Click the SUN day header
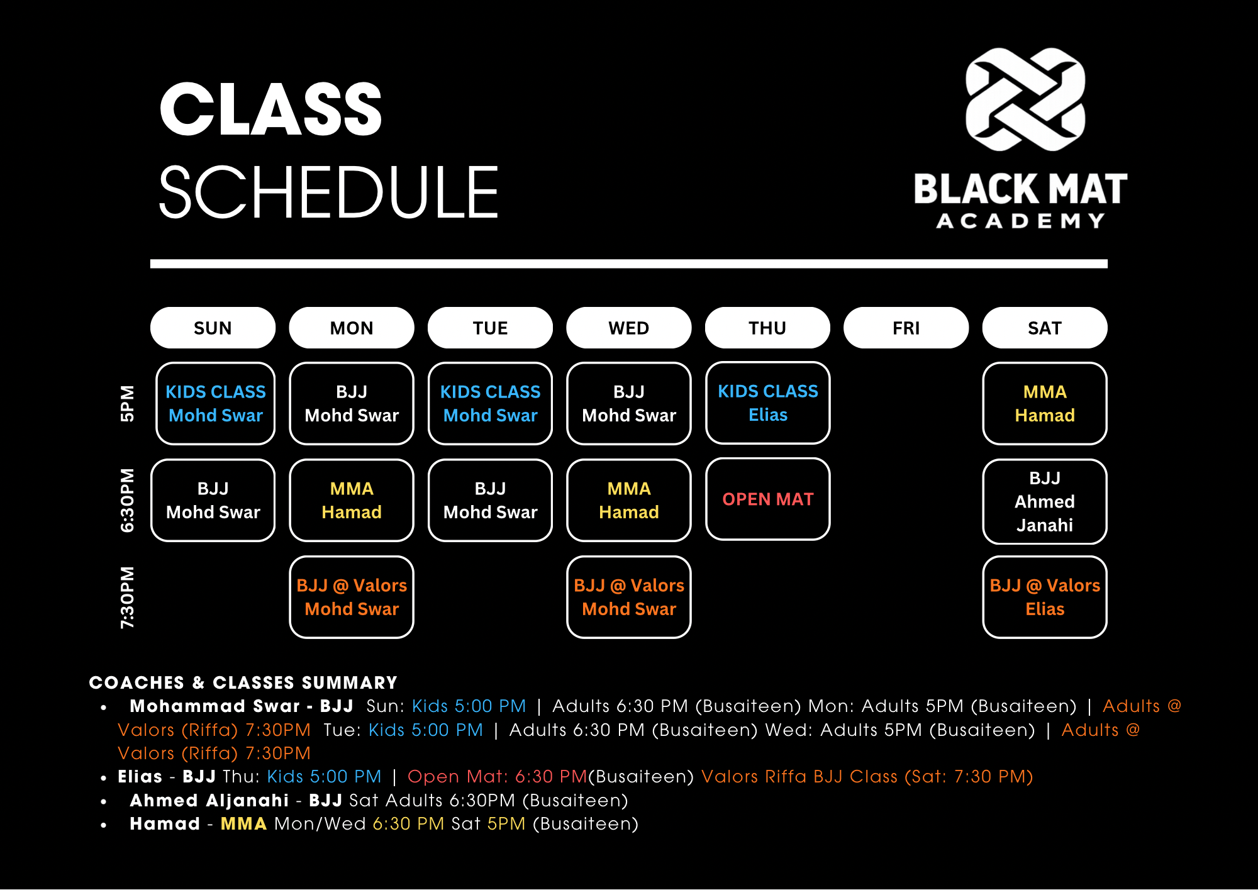213,328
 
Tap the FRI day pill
906,328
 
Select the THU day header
767,328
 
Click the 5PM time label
128,403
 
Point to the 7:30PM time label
128,597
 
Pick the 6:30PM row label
128,500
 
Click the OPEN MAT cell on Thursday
768,499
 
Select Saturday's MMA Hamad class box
1045,403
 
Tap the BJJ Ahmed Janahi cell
1045,501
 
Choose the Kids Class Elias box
768,403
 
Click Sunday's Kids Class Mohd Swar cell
216,403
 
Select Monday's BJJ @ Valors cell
352,597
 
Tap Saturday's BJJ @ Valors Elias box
1045,597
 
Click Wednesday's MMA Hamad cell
629,500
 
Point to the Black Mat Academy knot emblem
1025,99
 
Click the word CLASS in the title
271,109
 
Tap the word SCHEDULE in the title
329,192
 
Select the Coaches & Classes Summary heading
243,682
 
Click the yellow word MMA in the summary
243,823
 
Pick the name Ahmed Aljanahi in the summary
209,800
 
